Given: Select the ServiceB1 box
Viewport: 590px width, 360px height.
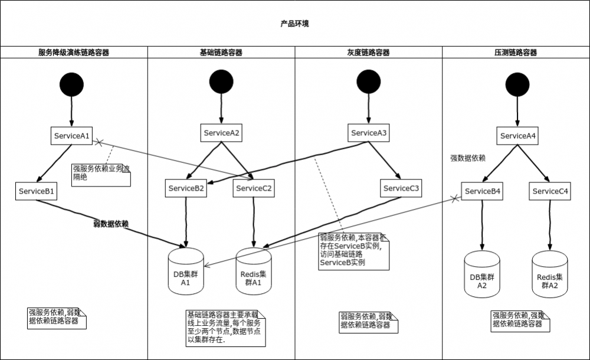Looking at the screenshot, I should (37, 191).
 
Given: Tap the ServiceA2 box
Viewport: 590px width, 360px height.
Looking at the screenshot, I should (221, 133).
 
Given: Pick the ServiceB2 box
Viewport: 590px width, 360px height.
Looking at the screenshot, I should (186, 189).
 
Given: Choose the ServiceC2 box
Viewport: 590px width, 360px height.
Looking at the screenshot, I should (254, 189).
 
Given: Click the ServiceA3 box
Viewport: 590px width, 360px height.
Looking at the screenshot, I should (369, 133).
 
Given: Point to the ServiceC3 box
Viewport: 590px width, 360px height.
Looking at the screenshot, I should (401, 189).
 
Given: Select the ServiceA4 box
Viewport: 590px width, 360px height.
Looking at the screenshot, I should (518, 136).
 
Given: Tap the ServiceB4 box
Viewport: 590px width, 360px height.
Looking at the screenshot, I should (483, 191).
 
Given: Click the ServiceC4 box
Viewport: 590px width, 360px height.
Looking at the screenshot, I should (550, 191).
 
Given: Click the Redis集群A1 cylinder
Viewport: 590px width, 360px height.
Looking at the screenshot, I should (254, 270).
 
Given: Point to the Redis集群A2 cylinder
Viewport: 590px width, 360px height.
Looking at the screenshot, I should (550, 274).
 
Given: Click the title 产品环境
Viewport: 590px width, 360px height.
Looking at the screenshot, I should (294, 24).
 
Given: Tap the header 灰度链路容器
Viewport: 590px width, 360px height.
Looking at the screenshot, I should (368, 53).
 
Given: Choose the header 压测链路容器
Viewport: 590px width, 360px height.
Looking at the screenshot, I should (516, 53).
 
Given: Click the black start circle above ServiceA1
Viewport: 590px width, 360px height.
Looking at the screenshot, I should (71, 84).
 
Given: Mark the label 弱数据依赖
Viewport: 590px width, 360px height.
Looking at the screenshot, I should (111, 224).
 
